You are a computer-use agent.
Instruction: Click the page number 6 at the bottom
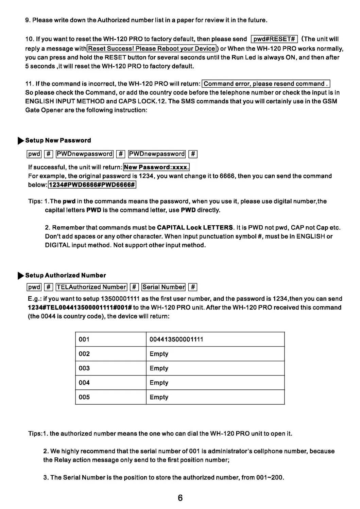[x=180, y=498]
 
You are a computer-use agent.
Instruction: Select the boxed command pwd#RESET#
[x=274, y=39]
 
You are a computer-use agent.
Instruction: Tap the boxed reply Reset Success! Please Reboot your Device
[x=152, y=49]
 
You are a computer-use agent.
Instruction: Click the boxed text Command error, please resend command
[x=265, y=84]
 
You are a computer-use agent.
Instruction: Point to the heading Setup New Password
[x=58, y=140]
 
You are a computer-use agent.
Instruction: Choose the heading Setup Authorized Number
[x=66, y=275]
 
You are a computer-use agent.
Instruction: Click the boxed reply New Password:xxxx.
[x=156, y=167]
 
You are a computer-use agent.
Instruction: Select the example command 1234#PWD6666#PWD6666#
[x=92, y=185]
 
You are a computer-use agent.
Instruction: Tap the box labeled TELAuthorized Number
[x=91, y=287]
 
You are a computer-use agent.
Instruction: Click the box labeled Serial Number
[x=164, y=287]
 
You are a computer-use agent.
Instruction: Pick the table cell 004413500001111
[x=176, y=339]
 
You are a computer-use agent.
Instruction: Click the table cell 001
[x=84, y=339]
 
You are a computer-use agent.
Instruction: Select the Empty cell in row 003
[x=159, y=368]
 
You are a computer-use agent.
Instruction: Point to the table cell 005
[x=84, y=397]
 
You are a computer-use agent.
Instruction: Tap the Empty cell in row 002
[x=159, y=354]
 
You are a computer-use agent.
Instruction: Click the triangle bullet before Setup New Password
[x=21, y=141]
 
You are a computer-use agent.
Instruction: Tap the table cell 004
[x=84, y=383]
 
